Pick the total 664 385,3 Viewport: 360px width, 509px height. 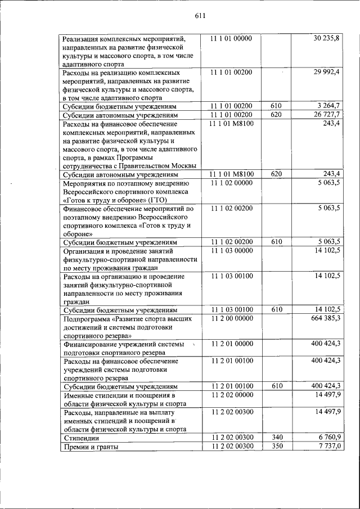tap(326, 318)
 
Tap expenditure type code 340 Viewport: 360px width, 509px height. tap(276, 437)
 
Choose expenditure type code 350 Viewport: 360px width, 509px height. tap(276, 446)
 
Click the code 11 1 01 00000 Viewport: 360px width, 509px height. tap(231, 38)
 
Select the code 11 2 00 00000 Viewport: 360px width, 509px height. tap(231, 318)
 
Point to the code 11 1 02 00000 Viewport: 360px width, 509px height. tap(231, 183)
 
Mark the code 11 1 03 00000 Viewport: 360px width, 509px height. tap(231, 250)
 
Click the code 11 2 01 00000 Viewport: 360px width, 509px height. tap(231, 344)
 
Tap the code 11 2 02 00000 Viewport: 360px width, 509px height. tap(231, 395)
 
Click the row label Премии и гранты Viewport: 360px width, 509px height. tap(91, 447)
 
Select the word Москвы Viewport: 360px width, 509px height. tap(184, 165)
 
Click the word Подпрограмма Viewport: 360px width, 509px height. tap(89, 319)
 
